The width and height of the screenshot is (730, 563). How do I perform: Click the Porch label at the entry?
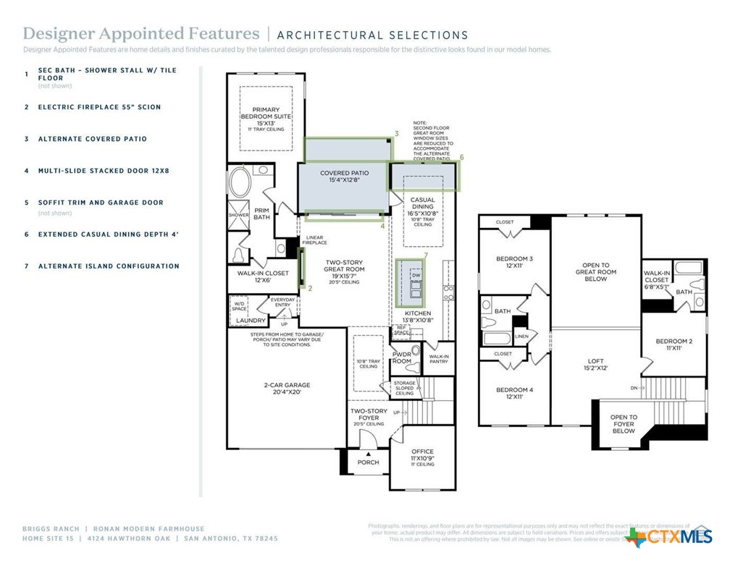[x=369, y=462]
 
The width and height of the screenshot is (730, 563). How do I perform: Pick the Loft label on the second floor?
[x=595, y=363]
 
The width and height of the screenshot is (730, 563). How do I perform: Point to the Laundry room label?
[x=251, y=320]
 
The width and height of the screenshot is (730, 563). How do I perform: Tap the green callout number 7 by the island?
[x=426, y=255]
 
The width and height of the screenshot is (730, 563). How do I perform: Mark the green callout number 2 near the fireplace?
[x=310, y=288]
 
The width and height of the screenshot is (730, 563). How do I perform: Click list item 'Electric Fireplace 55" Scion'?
[x=99, y=107]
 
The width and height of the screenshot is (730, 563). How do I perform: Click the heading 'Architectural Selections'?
[x=372, y=35]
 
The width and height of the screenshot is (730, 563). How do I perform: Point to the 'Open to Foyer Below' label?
[x=624, y=424]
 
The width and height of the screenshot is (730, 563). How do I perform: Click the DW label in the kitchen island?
[x=416, y=276]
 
